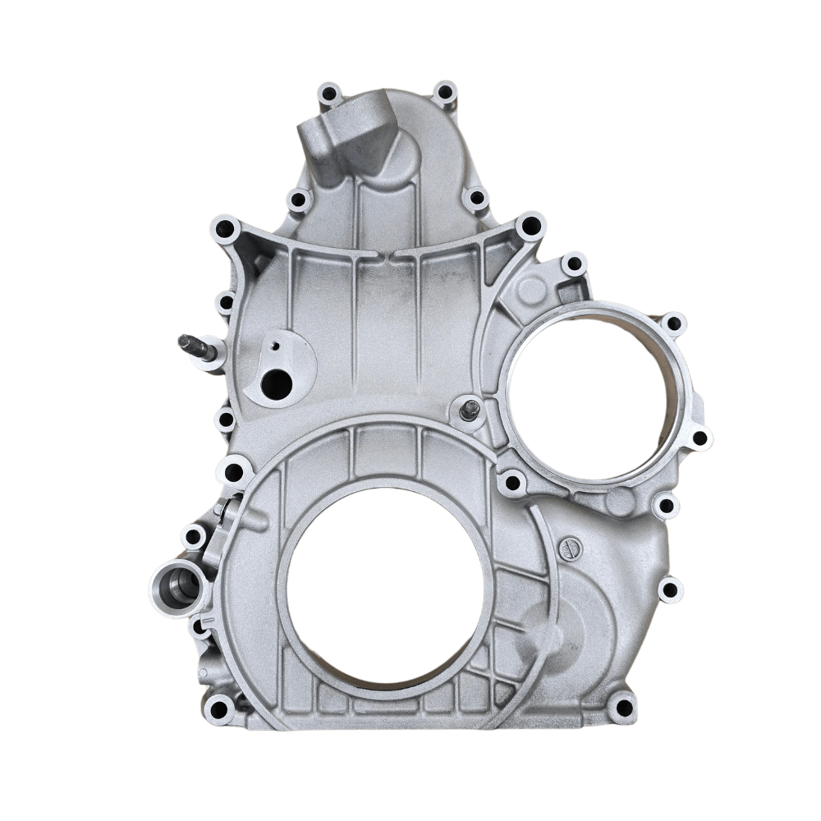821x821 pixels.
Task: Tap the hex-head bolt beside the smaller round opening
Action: click(470, 410)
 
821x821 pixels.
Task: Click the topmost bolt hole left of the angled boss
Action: click(330, 94)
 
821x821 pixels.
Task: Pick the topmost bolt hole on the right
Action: click(445, 92)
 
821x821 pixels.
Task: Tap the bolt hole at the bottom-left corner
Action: click(219, 708)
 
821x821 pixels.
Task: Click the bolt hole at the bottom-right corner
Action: click(623, 707)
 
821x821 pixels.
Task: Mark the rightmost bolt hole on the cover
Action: click(699, 438)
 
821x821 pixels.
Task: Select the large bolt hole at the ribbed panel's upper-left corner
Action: click(226, 229)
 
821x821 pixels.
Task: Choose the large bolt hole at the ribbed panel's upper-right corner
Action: click(530, 226)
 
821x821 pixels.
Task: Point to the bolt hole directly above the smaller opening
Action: click(574, 264)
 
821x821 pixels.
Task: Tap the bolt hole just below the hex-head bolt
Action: click(513, 482)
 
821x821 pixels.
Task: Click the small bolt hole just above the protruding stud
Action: click(225, 304)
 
